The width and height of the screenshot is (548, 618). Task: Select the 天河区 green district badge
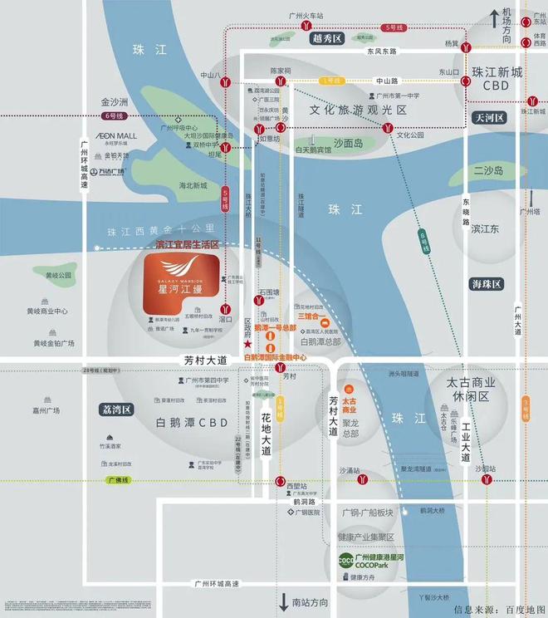click(489, 118)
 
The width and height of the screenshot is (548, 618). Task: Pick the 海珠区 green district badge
click(486, 284)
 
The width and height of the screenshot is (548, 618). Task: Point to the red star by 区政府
click(247, 344)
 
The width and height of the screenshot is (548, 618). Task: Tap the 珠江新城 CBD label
click(497, 79)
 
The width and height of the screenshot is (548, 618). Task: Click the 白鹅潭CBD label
click(192, 422)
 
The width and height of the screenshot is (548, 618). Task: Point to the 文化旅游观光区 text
click(358, 110)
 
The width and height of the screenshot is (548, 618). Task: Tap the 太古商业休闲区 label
click(471, 390)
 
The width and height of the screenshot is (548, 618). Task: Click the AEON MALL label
click(115, 135)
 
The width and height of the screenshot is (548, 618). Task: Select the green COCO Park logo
click(345, 561)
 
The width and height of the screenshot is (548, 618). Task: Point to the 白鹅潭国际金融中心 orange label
click(274, 358)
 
